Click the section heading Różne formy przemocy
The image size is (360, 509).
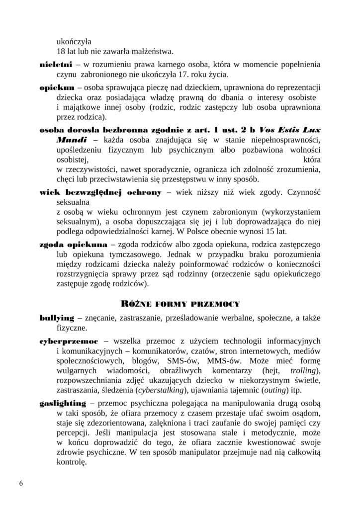[x=180, y=302]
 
